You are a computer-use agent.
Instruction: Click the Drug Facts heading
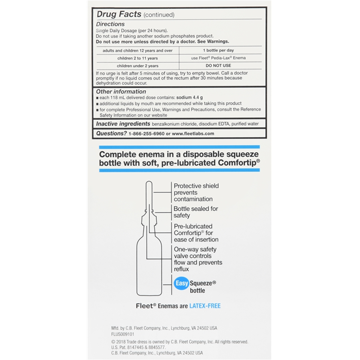(119, 14)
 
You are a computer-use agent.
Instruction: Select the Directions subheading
(111, 24)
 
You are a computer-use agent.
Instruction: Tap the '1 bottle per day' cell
(218, 50)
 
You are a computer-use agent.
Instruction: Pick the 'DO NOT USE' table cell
(218, 66)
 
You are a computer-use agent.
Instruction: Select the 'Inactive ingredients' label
(123, 124)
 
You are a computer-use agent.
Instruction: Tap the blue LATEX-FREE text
(205, 306)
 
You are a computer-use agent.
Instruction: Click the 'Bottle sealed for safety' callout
(196, 212)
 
